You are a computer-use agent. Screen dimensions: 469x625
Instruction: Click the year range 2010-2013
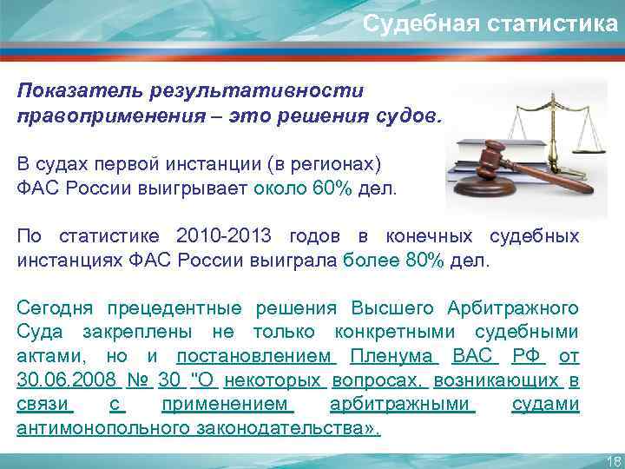224,236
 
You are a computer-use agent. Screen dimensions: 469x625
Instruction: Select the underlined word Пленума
396,357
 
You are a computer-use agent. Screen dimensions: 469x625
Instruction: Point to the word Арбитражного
513,308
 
